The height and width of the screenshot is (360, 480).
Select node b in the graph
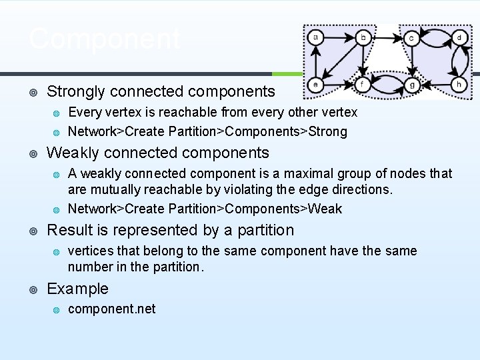click(x=363, y=37)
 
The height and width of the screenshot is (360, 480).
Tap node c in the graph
click(x=411, y=38)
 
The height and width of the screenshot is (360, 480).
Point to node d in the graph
click(x=459, y=37)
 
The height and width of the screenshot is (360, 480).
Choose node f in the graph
click(x=363, y=85)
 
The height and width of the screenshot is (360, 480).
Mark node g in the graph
click(x=411, y=85)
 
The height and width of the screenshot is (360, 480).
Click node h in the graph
click(x=459, y=85)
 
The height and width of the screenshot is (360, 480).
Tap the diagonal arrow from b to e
click(x=339, y=61)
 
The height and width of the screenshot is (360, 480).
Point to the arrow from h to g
click(x=435, y=85)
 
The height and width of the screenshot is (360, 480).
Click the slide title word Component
click(x=105, y=39)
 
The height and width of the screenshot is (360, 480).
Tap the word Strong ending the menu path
click(x=327, y=131)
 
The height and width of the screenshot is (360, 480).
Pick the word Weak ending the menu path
click(x=325, y=209)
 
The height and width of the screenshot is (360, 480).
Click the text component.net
click(x=112, y=309)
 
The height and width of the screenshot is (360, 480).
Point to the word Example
click(x=77, y=289)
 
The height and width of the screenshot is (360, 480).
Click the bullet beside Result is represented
click(x=33, y=231)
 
